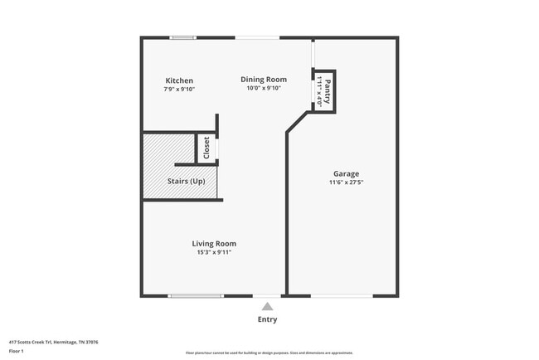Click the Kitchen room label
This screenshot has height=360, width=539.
179,81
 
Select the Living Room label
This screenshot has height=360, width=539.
214,244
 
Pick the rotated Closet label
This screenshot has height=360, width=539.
206,148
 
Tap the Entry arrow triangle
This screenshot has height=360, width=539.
266,306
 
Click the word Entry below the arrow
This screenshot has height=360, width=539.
267,319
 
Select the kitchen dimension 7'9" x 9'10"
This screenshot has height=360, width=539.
179,90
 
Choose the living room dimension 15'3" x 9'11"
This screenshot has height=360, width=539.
214,252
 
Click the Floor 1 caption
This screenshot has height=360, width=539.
17,351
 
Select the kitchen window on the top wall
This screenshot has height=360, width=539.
183,37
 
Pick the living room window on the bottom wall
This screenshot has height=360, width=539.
195,295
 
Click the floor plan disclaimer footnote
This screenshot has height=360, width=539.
269,353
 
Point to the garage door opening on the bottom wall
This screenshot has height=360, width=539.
341,295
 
